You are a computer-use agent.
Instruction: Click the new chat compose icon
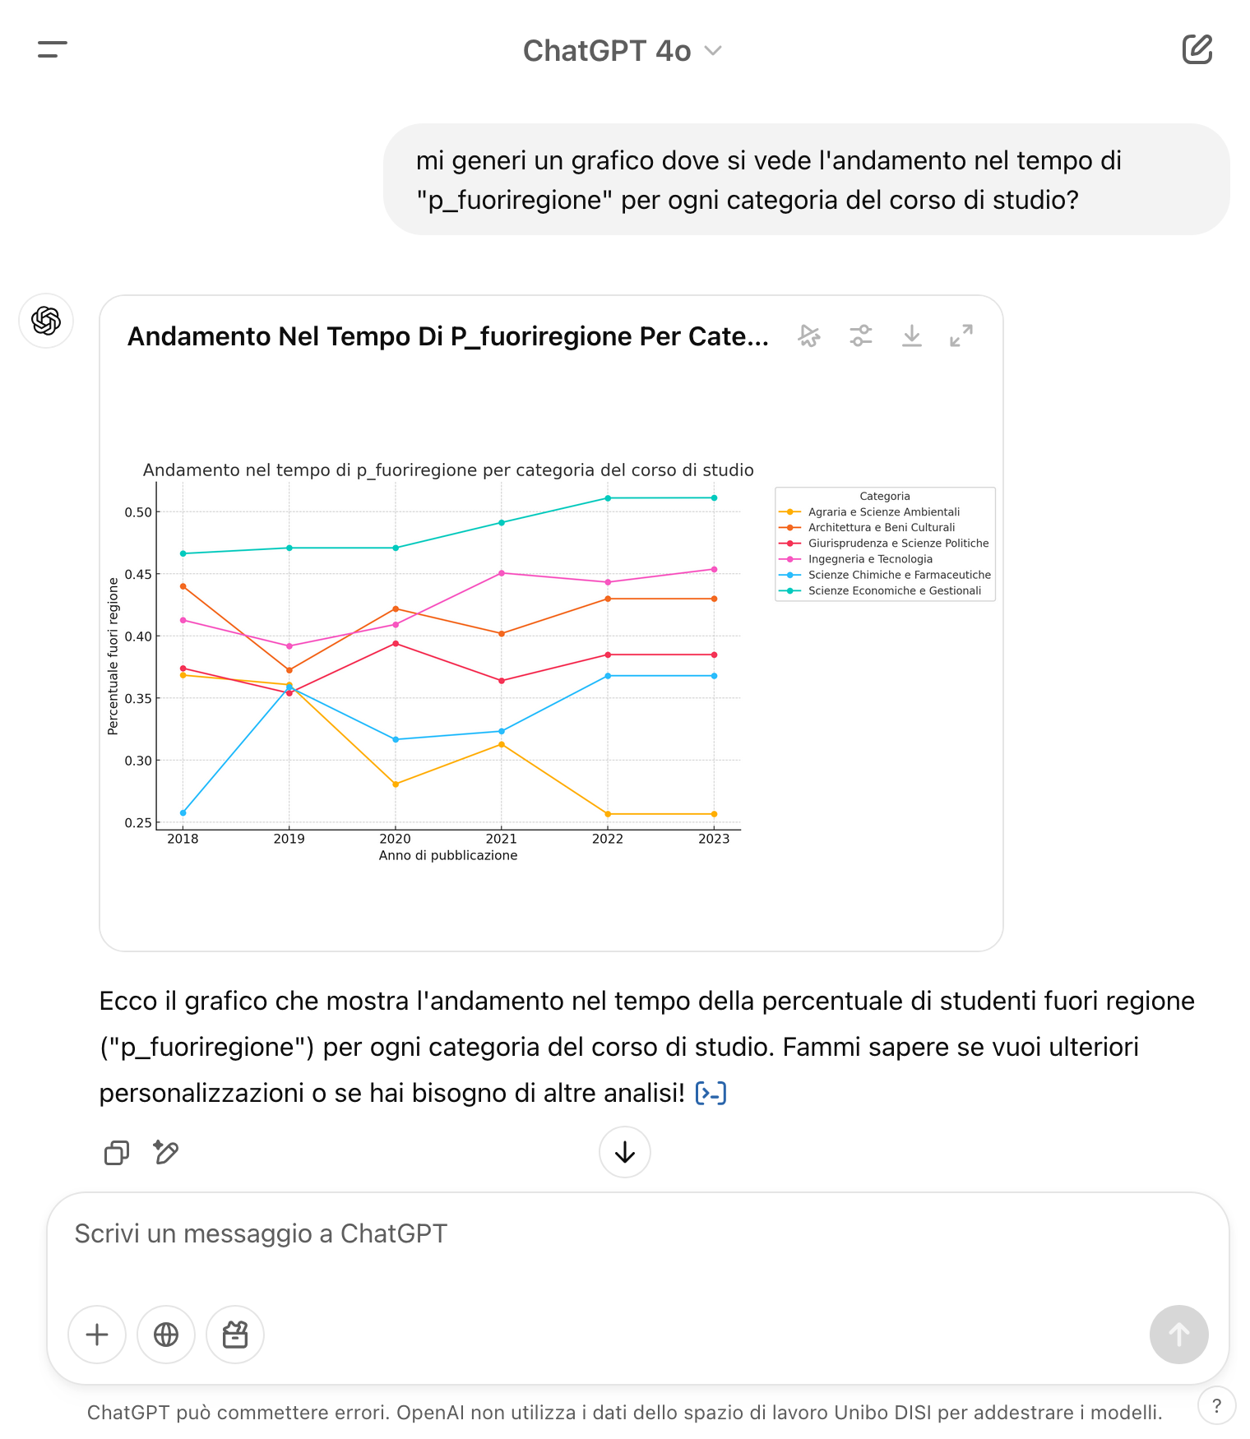(x=1197, y=49)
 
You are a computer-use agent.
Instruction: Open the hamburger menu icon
(x=52, y=49)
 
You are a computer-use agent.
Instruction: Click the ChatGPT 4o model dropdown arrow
(x=713, y=51)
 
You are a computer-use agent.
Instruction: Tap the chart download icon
(x=911, y=335)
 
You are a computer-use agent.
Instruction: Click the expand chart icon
(x=961, y=335)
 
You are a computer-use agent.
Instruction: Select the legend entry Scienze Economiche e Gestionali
(x=894, y=590)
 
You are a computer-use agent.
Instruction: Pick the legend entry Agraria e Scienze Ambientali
(x=883, y=511)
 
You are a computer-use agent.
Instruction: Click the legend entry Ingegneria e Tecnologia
(x=870, y=559)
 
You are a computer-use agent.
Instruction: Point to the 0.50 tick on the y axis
(x=138, y=512)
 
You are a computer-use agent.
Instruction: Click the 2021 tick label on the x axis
(x=501, y=839)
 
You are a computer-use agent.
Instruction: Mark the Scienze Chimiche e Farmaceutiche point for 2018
(x=183, y=812)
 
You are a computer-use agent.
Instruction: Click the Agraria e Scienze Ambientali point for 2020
(x=396, y=784)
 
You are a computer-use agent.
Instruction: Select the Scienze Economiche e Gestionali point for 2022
(x=608, y=498)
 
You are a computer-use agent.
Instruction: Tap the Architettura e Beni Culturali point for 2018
(x=183, y=586)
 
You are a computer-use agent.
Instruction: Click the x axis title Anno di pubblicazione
(x=448, y=855)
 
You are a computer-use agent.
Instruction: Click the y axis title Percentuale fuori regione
(x=113, y=655)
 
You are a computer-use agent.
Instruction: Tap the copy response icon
(x=117, y=1153)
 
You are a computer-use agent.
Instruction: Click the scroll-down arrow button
(x=625, y=1152)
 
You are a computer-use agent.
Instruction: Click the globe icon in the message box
(x=166, y=1334)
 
